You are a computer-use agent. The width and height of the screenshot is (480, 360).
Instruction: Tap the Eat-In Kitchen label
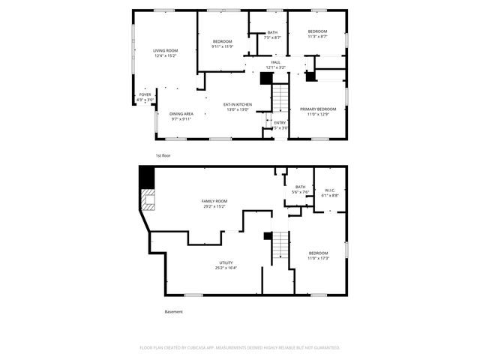[237, 104]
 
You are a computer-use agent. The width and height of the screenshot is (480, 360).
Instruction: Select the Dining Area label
[181, 113]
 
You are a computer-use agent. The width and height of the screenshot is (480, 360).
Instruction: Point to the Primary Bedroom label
[318, 109]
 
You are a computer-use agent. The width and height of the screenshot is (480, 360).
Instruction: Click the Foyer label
[145, 94]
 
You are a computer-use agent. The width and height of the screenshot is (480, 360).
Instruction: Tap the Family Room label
[214, 201]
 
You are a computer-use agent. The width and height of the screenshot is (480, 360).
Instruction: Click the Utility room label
[226, 262]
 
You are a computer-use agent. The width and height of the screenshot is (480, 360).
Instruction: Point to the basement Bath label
[300, 187]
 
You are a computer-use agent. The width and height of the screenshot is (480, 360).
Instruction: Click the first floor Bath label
[272, 32]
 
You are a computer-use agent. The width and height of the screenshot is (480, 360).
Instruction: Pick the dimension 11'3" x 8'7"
[317, 37]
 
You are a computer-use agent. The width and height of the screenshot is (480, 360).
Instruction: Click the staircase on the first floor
[279, 97]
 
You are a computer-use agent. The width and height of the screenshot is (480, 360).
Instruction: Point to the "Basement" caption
[173, 312]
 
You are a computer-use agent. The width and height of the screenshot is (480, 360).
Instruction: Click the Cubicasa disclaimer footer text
[240, 348]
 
